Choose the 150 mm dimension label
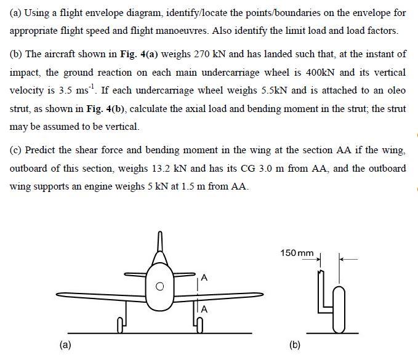(x=297, y=253)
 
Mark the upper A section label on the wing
(x=204, y=278)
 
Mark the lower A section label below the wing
(x=204, y=309)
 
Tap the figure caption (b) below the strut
(x=295, y=345)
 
